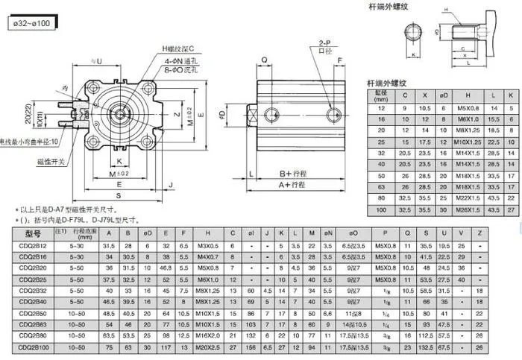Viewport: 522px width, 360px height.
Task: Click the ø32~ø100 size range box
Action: pos(32,23)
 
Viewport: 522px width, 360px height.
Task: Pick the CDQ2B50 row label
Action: pos(31,313)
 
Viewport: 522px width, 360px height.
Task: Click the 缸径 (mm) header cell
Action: pos(382,96)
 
